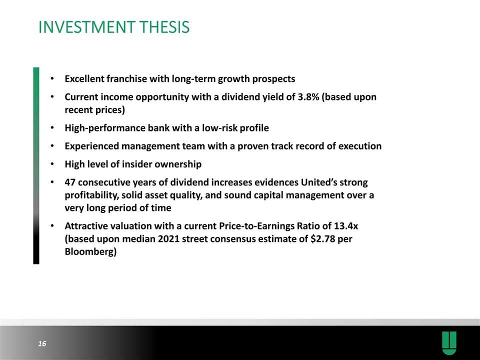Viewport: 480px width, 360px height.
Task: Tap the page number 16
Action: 42,343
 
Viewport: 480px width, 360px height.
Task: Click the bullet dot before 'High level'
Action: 52,163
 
